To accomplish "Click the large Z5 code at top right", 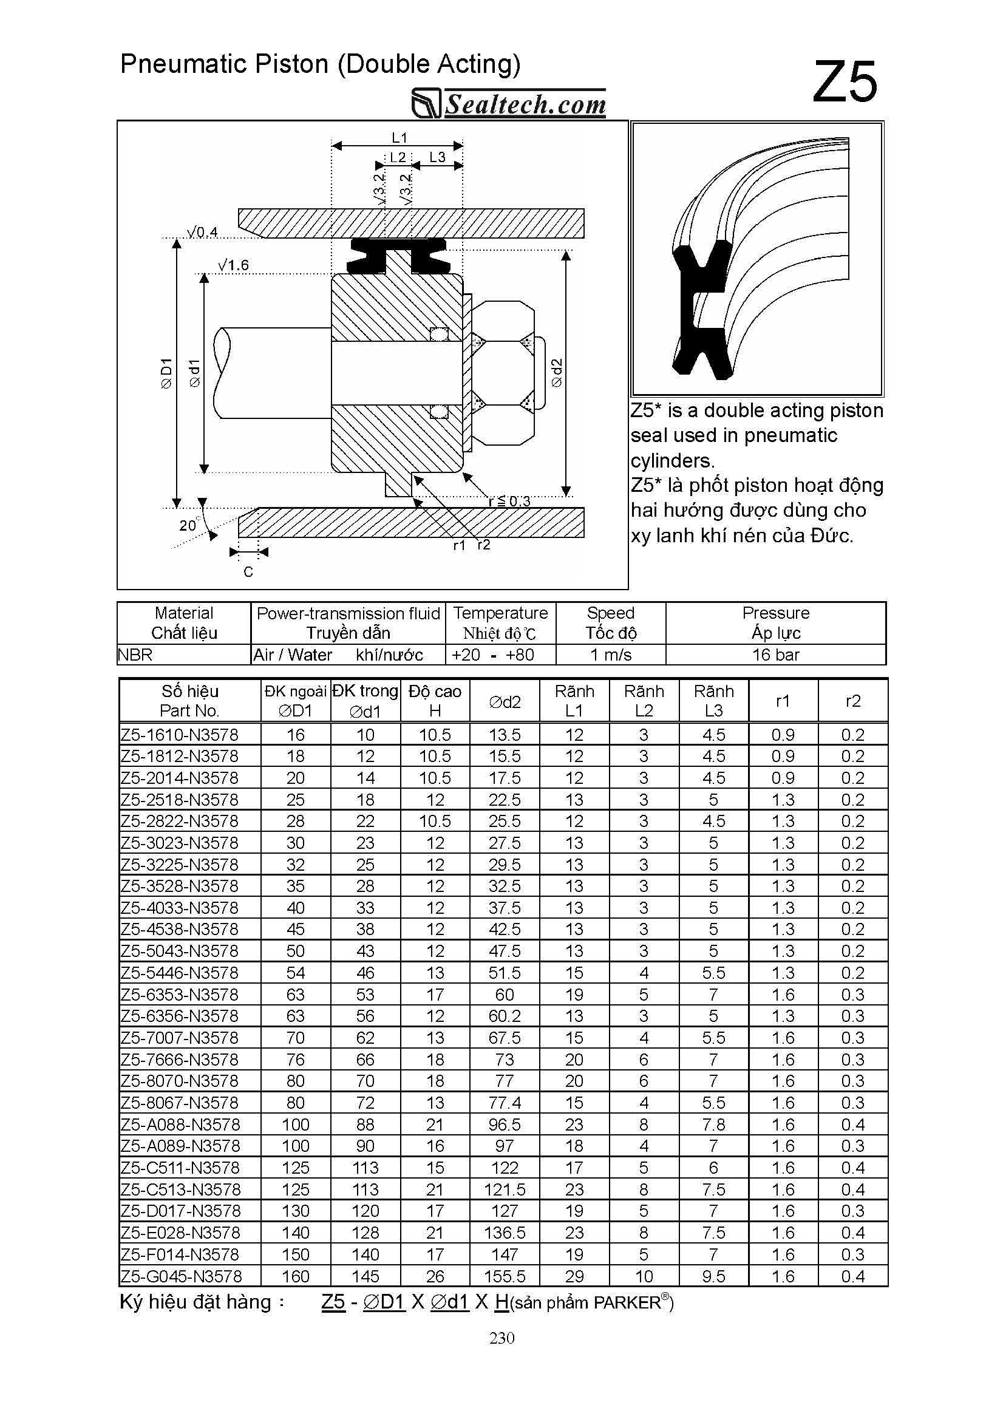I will pos(844,81).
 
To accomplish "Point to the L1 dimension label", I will pos(399,137).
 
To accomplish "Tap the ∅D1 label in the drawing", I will pos(166,373).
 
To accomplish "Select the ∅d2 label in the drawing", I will pos(556,373).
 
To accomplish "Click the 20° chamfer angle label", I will pos(188,525).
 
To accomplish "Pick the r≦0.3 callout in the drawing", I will pos(509,501).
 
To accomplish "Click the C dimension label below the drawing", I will pos(248,572).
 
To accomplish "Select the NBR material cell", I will pos(135,655).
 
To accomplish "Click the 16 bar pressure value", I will pos(775,655).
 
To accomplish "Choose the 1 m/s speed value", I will pos(611,655).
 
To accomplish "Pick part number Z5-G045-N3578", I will pos(181,1276).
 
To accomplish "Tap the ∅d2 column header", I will pos(505,701).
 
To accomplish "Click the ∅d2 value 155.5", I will pos(505,1276).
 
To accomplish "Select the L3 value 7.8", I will pos(713,1124).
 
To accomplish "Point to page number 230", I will pos(502,1338).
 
